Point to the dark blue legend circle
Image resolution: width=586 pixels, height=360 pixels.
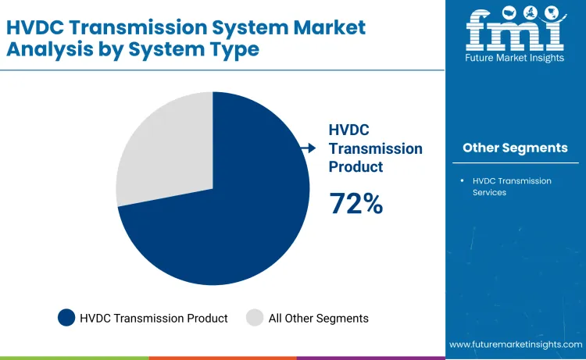click(66, 318)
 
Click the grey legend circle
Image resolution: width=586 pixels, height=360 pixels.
click(255, 318)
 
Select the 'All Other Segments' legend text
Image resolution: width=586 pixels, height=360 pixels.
click(318, 318)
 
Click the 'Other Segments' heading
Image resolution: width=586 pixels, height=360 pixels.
click(515, 148)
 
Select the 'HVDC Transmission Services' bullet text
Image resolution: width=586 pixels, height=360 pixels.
click(512, 186)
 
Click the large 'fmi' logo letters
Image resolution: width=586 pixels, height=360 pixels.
click(515, 31)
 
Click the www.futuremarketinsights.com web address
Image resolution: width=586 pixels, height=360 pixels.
click(516, 344)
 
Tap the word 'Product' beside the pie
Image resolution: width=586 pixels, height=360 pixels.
click(356, 166)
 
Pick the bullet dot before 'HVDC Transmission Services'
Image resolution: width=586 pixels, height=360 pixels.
click(462, 181)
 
